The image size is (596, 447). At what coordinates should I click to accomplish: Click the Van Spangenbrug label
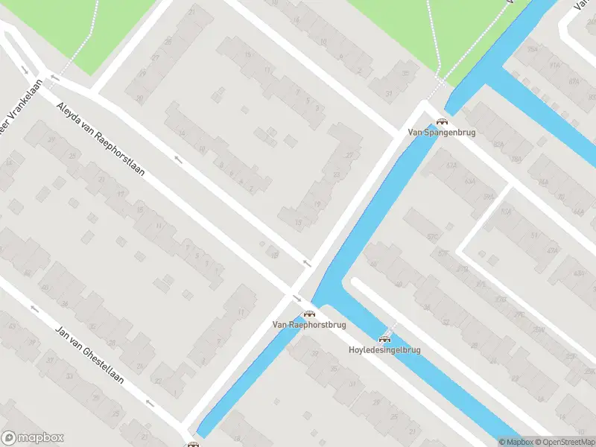click(441, 133)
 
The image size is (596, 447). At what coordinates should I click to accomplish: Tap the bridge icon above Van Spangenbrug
click(442, 122)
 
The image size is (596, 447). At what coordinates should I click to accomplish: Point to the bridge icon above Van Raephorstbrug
click(308, 314)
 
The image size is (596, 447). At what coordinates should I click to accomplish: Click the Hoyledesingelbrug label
click(384, 349)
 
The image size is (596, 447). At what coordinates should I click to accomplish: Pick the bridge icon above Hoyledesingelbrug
click(384, 339)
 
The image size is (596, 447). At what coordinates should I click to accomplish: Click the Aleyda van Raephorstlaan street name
click(100, 138)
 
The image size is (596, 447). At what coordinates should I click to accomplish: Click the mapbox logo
click(33, 438)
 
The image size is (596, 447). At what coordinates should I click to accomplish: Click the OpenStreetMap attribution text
click(563, 442)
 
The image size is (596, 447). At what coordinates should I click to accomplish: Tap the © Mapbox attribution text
click(516, 442)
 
